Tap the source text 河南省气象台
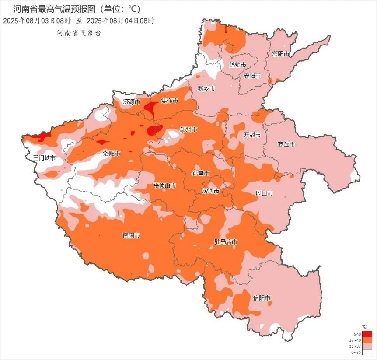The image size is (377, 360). [78, 33]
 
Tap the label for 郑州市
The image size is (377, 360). [188, 129]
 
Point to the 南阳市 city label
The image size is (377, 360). [131, 235]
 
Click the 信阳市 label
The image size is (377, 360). [262, 298]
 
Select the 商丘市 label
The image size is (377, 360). [286, 144]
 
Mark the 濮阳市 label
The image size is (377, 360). [281, 54]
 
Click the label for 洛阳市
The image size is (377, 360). [112, 153]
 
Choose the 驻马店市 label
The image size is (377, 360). [226, 242]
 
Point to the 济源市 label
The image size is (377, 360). [131, 101]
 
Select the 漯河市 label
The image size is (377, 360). [210, 191]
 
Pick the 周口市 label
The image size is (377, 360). [264, 193]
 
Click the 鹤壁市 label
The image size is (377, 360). [237, 65]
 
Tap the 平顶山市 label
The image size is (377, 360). [164, 185]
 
